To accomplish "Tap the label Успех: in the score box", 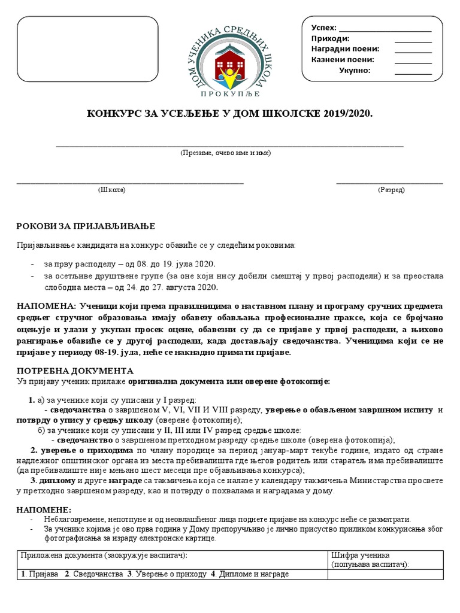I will (324, 28).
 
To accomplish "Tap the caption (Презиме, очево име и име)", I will (226, 153).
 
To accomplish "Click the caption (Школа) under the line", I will (112, 190).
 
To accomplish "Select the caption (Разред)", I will (391, 190).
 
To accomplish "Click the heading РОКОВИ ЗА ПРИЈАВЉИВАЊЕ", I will (85, 226).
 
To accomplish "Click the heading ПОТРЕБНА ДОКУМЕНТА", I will (75, 371).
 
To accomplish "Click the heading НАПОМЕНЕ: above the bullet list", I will (44, 509).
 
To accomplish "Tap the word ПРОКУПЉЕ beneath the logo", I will (229, 93).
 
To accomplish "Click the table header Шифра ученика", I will (360, 555).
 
